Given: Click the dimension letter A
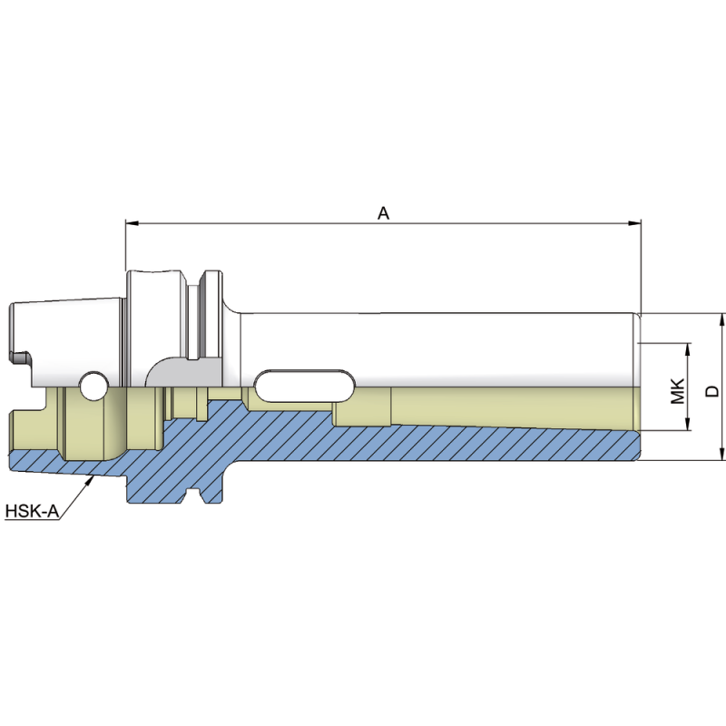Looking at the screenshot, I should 383,213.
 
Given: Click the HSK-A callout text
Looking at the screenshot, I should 33,512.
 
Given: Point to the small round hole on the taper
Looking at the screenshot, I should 92,386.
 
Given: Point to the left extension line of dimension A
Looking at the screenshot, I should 125,245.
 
